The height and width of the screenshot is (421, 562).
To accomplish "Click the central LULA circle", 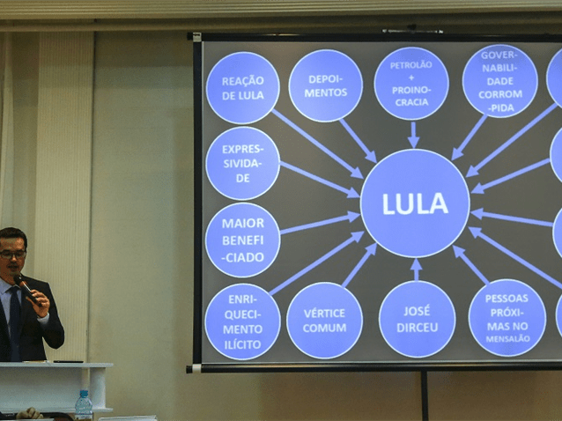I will click(x=414, y=203).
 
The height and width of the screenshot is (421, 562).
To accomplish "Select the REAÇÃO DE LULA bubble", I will click(x=242, y=87).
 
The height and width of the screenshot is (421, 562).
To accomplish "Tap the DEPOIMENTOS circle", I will click(x=325, y=85).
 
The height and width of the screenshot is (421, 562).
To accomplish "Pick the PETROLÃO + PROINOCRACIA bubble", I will click(x=410, y=84).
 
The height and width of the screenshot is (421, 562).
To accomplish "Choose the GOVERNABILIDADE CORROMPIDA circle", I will click(x=499, y=81).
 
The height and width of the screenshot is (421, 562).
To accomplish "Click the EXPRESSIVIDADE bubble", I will click(x=242, y=163).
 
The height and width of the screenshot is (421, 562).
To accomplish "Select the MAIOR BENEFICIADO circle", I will click(x=242, y=240).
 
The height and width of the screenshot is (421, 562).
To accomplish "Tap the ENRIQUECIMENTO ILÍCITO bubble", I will click(x=242, y=321).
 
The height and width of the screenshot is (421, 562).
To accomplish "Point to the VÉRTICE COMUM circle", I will click(x=324, y=320).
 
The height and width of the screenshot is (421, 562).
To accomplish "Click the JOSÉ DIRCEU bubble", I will click(x=417, y=319).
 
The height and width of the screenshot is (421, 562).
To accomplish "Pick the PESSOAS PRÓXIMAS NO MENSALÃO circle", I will click(x=507, y=318).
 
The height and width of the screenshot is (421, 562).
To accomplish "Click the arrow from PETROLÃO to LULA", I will click(x=412, y=134).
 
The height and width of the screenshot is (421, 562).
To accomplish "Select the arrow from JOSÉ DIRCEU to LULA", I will click(x=417, y=269).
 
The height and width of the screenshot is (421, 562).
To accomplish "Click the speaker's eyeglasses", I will click(x=12, y=254).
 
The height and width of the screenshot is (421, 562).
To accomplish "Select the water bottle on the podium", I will click(x=83, y=405).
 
